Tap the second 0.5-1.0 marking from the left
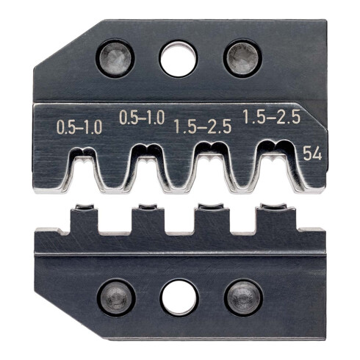click(x=143, y=118)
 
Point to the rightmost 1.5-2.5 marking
click(x=268, y=117)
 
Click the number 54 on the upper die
click(x=311, y=153)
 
